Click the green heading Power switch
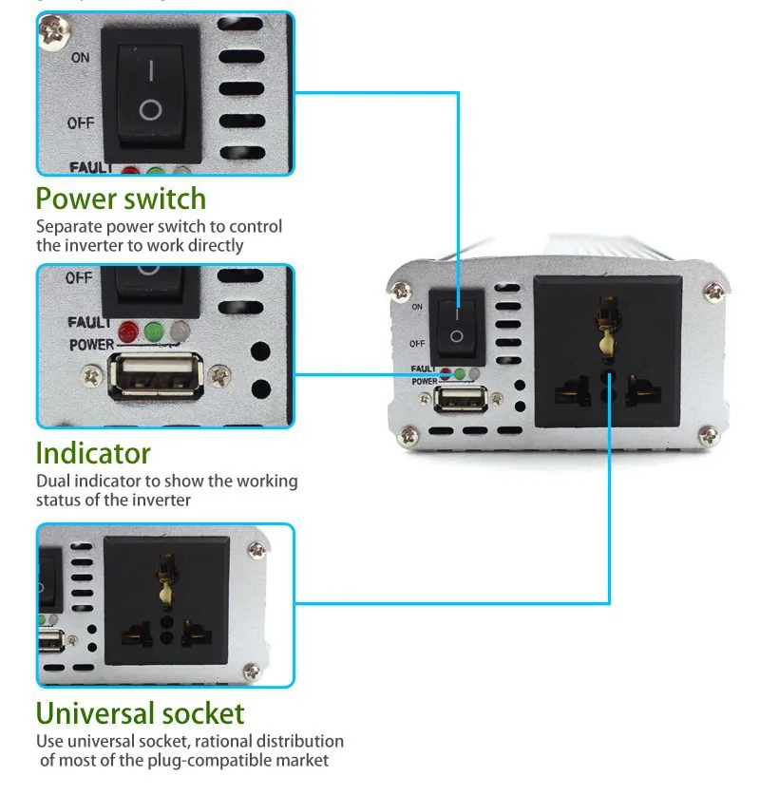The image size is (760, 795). pos(121,199)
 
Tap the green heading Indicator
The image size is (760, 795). pos(93,452)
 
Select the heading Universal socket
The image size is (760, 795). pos(140,713)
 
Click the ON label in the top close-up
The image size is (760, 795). pos(80,58)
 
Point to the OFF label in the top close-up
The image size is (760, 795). pos(80,123)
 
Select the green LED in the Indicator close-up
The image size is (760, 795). pos(152,331)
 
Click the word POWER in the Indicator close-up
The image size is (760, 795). pos(91,345)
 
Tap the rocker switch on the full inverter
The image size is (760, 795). pos(456,325)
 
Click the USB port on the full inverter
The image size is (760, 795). pos(452,397)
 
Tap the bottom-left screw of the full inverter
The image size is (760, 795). pos(408,436)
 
